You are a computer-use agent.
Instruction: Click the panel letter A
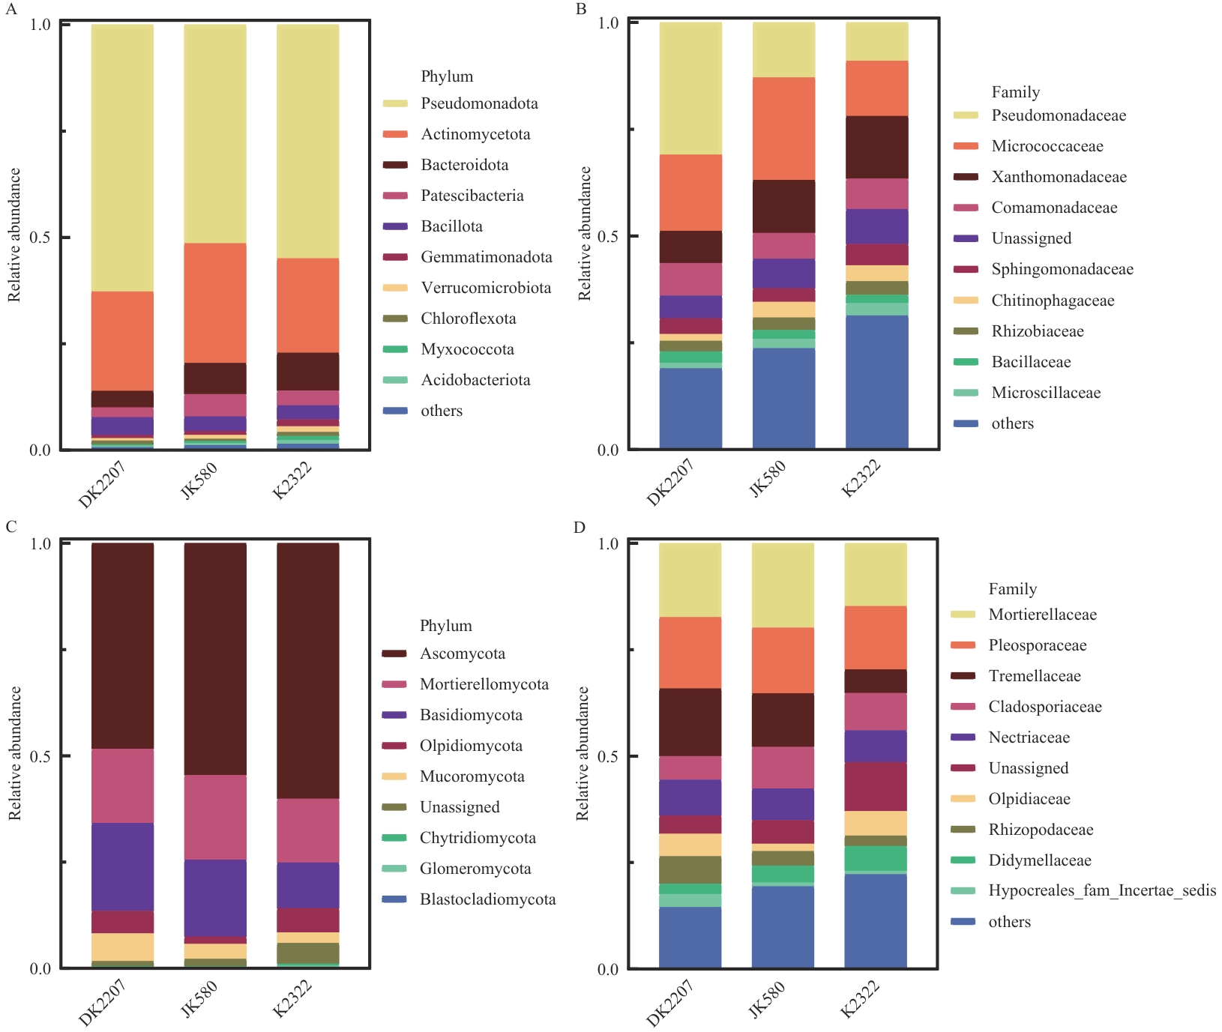pyautogui.click(x=10, y=9)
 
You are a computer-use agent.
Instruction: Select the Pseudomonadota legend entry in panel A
pyautogui.click(x=479, y=103)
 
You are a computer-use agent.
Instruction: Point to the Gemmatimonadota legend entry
pyautogui.click(x=486, y=257)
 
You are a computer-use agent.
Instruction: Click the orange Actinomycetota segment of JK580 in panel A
pyautogui.click(x=215, y=303)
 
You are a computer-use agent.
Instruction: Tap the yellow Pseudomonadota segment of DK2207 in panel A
pyautogui.click(x=122, y=157)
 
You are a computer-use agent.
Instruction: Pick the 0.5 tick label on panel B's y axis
pyautogui.click(x=608, y=236)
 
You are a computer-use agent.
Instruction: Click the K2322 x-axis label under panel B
pyautogui.click(x=861, y=479)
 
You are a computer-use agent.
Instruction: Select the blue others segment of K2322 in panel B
pyautogui.click(x=876, y=382)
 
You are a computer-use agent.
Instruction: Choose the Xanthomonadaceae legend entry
pyautogui.click(x=1059, y=177)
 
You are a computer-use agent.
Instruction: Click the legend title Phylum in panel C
pyautogui.click(x=446, y=626)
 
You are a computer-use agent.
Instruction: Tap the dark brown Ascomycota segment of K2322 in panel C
pyautogui.click(x=308, y=671)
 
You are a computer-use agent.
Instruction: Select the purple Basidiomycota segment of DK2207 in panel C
pyautogui.click(x=122, y=867)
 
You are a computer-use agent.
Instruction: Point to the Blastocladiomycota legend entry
pyautogui.click(x=487, y=899)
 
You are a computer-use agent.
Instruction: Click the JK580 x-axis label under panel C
pyautogui.click(x=199, y=999)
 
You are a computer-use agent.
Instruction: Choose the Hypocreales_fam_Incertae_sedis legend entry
pyautogui.click(x=1101, y=890)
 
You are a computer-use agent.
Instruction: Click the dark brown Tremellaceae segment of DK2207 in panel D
pyautogui.click(x=690, y=722)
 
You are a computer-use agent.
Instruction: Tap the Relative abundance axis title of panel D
pyautogui.click(x=583, y=753)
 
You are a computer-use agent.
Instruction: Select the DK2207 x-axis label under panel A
pyautogui.click(x=102, y=483)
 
